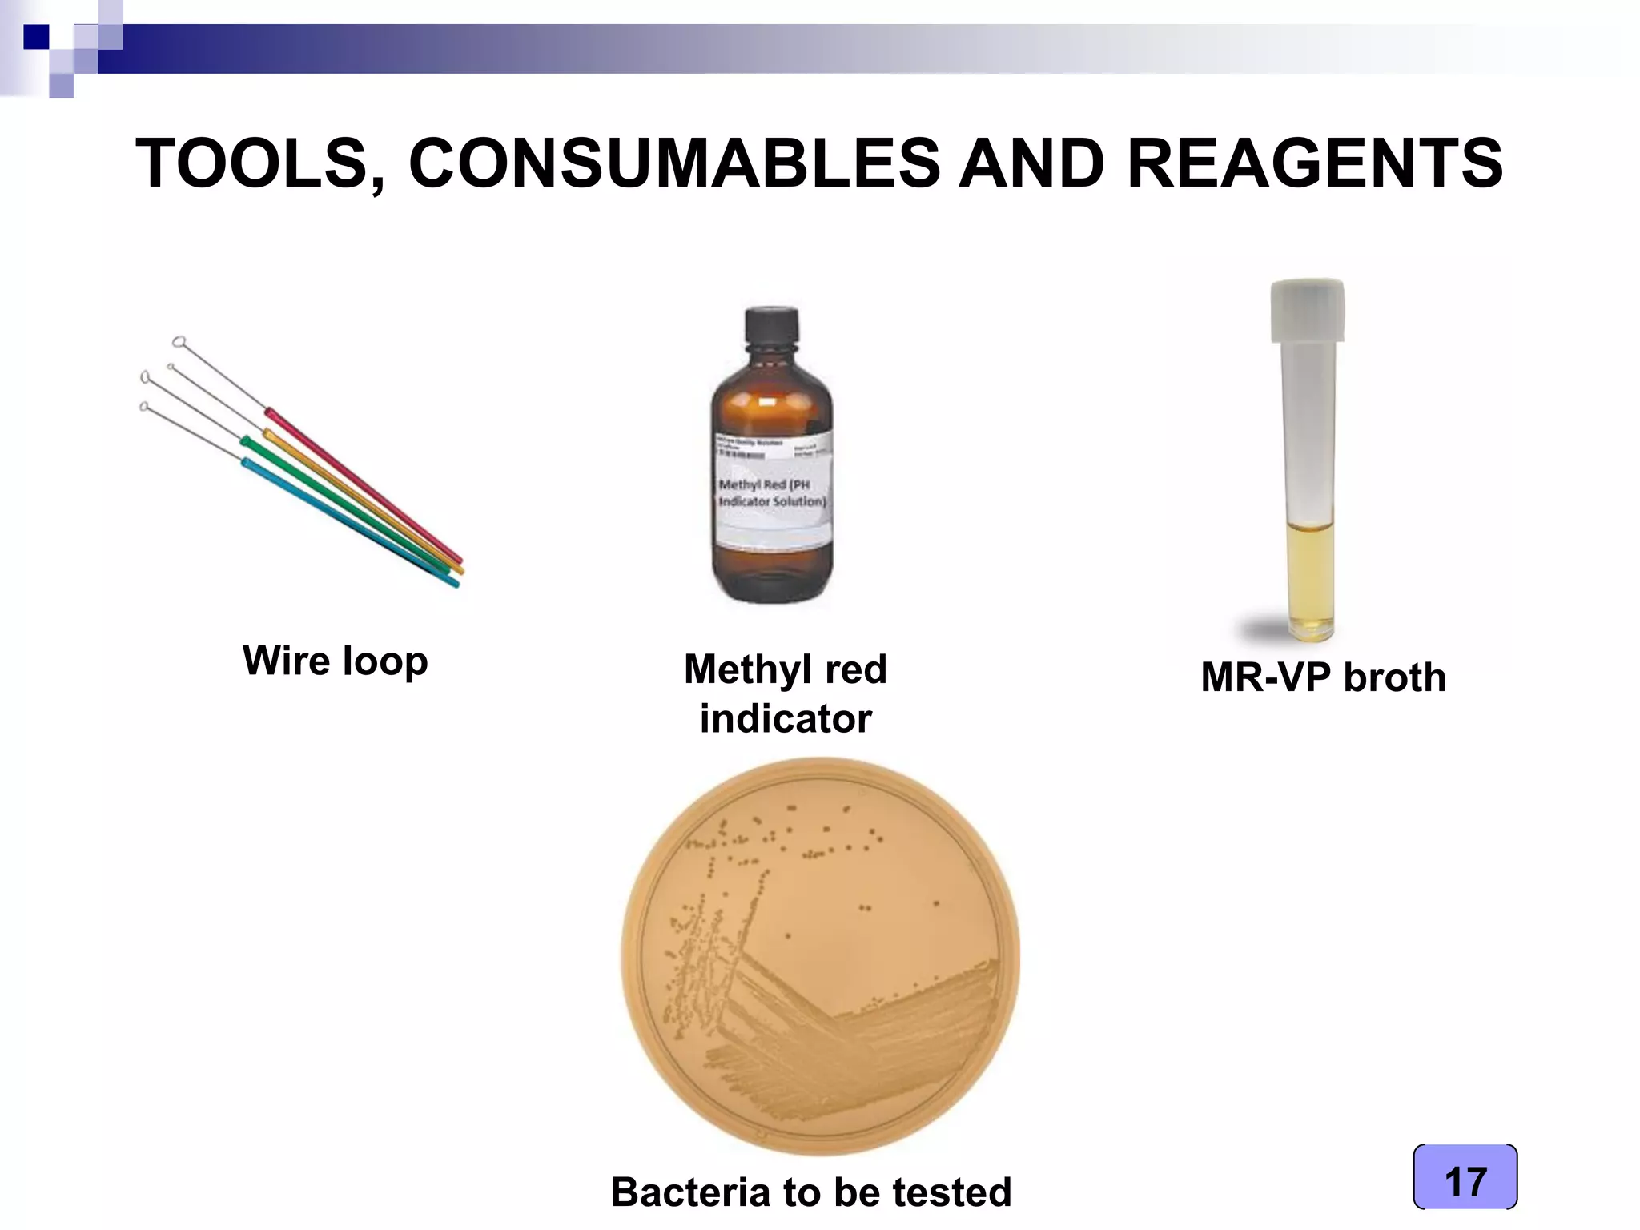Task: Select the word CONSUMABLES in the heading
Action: pos(674,164)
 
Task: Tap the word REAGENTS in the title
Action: pos(1315,164)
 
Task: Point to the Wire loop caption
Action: pos(336,661)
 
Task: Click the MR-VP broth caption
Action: pos(1323,677)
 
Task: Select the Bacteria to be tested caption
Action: pos(810,1192)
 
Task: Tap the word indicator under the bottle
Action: pos(786,718)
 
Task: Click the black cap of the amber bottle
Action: pos(771,328)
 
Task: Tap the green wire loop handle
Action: pos(344,504)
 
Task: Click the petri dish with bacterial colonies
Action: pos(820,957)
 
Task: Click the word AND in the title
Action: pos(1033,164)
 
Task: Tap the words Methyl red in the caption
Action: pos(786,669)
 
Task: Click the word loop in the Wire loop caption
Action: pos(384,661)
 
